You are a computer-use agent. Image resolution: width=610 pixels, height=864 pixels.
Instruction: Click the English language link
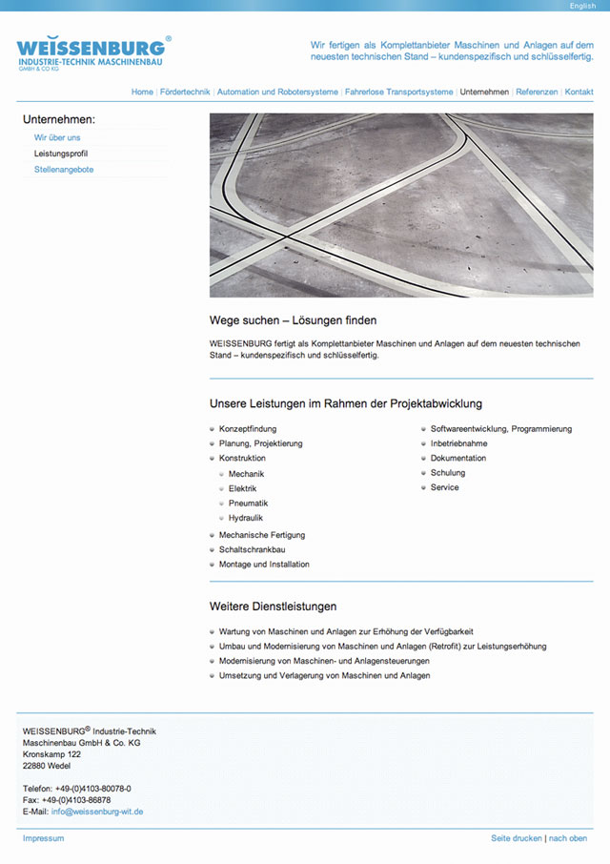point(582,6)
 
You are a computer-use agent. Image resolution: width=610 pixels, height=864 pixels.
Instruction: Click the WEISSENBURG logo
point(93,53)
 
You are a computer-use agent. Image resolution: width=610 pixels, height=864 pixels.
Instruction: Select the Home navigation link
point(142,93)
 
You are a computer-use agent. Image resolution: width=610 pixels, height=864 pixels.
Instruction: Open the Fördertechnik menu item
point(185,93)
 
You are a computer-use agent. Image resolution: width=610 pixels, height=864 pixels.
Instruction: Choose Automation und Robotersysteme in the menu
point(277,93)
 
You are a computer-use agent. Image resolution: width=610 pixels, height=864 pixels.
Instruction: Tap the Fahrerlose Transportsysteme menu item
point(398,93)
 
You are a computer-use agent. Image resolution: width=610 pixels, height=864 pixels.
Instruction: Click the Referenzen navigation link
point(537,93)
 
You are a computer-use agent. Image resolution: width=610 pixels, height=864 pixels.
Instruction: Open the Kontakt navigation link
point(579,93)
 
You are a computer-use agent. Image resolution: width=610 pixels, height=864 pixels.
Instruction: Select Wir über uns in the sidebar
point(57,137)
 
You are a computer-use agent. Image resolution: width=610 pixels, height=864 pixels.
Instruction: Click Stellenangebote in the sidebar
point(64,170)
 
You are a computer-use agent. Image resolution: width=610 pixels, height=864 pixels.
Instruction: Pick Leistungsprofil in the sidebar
point(61,154)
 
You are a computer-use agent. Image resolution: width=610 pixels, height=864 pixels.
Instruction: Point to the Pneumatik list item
point(248,504)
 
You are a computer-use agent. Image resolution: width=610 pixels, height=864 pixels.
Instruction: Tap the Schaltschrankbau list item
point(252,549)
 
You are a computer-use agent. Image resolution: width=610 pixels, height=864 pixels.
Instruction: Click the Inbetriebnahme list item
point(458,443)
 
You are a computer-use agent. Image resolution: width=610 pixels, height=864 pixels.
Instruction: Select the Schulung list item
point(448,473)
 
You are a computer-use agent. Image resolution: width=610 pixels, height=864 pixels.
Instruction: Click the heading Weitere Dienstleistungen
point(273,607)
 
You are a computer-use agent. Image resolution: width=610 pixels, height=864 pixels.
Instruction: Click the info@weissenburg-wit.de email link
point(97,812)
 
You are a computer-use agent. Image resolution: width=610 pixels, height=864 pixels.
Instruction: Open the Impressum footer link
point(43,838)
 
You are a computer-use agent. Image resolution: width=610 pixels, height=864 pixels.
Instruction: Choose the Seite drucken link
point(516,838)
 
